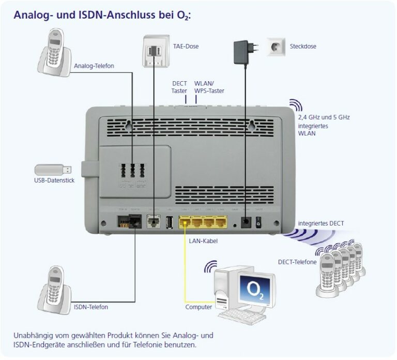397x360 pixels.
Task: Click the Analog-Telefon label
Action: tap(94, 66)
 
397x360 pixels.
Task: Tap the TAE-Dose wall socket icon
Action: tap(155, 50)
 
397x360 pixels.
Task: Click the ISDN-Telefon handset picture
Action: tap(54, 288)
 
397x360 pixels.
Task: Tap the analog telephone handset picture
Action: tap(55, 51)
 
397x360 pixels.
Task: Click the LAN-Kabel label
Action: tap(203, 241)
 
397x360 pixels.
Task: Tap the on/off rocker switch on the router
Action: tap(259, 221)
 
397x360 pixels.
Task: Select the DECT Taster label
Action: tap(179, 87)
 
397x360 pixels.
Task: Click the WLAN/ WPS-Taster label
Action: tap(209, 87)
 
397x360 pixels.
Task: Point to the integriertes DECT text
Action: tap(321, 223)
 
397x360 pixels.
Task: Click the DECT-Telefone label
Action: tap(297, 262)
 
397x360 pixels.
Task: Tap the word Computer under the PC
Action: tap(198, 307)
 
